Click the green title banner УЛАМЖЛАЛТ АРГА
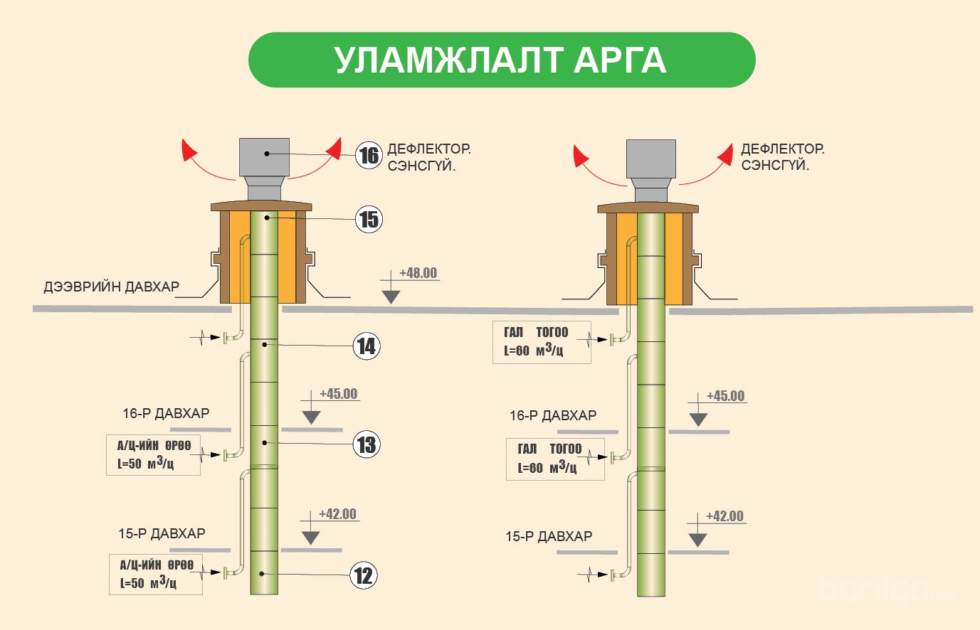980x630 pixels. tap(501, 60)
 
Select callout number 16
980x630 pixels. tap(369, 154)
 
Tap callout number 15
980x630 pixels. tap(369, 219)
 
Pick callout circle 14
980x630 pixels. tap(367, 346)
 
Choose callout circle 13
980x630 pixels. tap(367, 445)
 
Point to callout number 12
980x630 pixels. tap(364, 575)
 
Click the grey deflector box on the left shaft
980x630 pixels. tap(264, 157)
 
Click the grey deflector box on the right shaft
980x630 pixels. tap(650, 159)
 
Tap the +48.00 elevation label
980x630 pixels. tap(418, 273)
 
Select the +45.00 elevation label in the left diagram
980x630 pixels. tap(339, 394)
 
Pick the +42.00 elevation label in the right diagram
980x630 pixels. tap(725, 516)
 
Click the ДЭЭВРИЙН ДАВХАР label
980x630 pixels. tap(112, 287)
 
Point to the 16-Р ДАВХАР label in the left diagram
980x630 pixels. tap(166, 413)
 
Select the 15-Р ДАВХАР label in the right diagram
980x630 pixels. tap(549, 536)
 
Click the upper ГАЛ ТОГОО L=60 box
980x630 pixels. tap(541, 342)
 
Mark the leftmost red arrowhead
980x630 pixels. tap(189, 150)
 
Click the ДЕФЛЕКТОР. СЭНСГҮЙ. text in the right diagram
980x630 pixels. tap(782, 157)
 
